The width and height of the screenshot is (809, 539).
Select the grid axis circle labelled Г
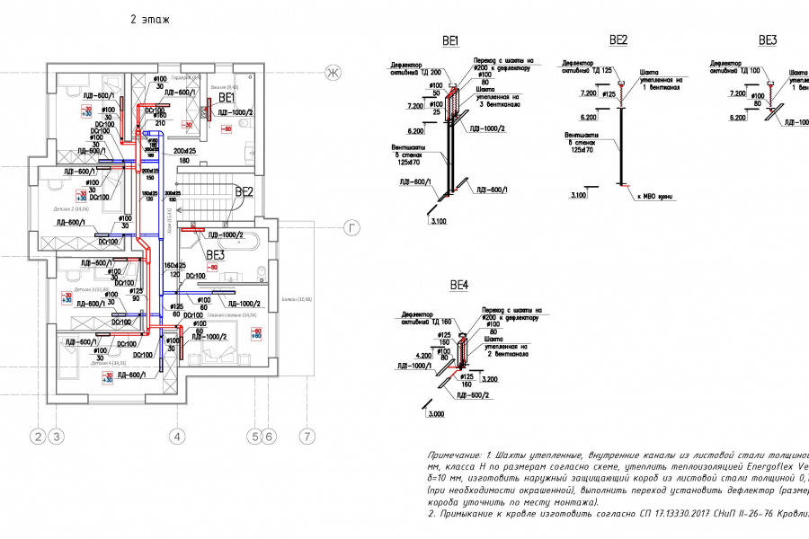coord(353,229)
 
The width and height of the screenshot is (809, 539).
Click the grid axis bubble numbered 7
coord(307,437)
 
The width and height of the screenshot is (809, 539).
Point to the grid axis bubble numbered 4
coord(178,437)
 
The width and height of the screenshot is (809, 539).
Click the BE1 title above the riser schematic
coord(450,40)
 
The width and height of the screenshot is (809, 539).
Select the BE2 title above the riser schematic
coord(618,40)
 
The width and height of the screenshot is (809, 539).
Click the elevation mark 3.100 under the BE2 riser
coord(578,194)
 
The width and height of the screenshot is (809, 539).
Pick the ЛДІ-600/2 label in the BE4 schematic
coord(473,395)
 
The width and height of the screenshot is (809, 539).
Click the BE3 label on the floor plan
coord(214,255)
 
